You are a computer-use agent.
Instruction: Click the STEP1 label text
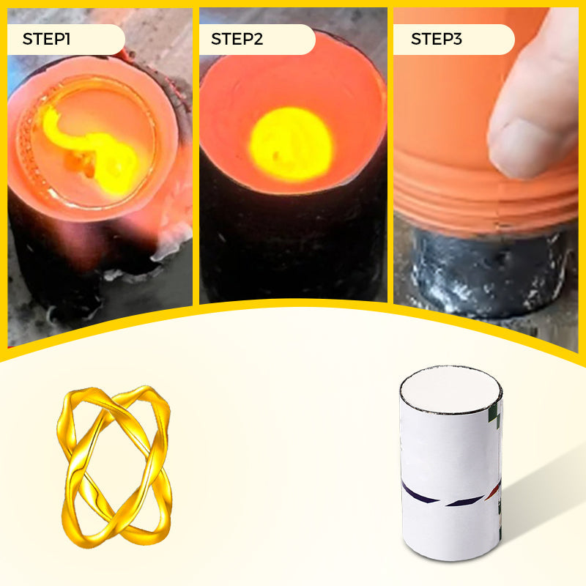pyautogui.click(x=46, y=39)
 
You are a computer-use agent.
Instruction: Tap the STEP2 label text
pyautogui.click(x=237, y=39)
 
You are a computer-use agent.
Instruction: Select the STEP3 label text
pyautogui.click(x=436, y=39)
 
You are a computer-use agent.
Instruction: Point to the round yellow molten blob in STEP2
pyautogui.click(x=291, y=144)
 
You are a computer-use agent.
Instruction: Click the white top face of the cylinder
pyautogui.click(x=450, y=390)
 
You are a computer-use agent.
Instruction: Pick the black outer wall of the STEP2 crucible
pyautogui.click(x=292, y=243)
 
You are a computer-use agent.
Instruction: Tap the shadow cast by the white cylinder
pyautogui.click(x=542, y=497)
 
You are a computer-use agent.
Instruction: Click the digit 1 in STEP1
pyautogui.click(x=67, y=39)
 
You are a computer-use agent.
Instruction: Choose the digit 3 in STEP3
pyautogui.click(x=457, y=39)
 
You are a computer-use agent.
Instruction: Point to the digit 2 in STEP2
pyautogui.click(x=259, y=39)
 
